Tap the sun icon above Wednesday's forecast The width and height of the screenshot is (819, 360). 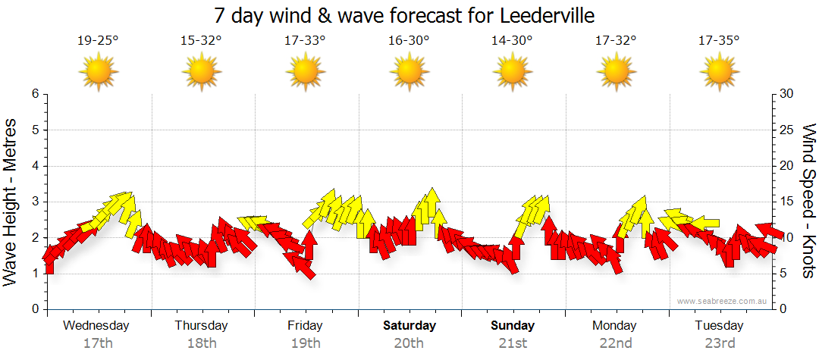99,73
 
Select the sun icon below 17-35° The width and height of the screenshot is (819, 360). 719,73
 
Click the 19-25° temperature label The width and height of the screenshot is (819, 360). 98,41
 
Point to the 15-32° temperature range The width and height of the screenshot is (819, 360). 202,41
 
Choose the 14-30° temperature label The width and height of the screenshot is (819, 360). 512,41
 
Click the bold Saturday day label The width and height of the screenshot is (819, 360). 409,326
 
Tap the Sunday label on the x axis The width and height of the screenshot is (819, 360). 512,326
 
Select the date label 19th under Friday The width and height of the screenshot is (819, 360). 305,343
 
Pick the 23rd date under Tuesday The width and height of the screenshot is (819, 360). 719,343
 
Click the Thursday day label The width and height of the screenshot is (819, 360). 201,326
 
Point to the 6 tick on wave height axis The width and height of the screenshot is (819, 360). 34,94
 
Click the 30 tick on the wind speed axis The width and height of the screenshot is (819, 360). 788,94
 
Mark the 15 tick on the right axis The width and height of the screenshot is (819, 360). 788,202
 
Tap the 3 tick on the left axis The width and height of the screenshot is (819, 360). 34,202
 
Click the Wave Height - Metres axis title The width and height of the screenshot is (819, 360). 11,202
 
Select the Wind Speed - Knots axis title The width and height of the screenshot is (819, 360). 808,202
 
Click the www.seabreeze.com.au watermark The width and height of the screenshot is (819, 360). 723,301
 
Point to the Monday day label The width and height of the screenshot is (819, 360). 615,326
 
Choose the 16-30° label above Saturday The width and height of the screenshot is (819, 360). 409,41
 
